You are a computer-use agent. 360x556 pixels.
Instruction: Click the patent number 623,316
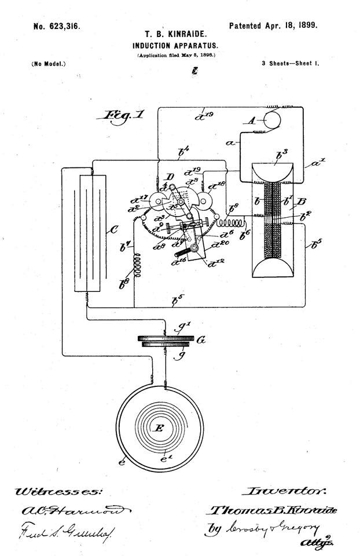(x=56, y=26)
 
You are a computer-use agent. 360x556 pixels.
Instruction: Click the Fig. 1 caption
(x=122, y=115)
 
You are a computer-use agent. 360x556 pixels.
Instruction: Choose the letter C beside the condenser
(x=113, y=231)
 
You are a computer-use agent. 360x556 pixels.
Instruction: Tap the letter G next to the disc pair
(x=201, y=341)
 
